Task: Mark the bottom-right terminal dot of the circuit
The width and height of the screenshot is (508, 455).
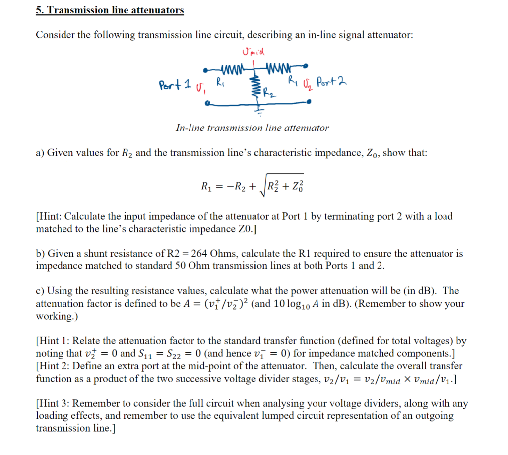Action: click(310, 102)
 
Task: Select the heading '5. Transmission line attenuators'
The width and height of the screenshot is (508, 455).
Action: click(110, 10)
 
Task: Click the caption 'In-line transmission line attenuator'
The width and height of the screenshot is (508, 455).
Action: click(252, 128)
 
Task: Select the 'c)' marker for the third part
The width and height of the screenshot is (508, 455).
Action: click(40, 291)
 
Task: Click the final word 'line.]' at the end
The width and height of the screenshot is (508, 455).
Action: click(102, 428)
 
